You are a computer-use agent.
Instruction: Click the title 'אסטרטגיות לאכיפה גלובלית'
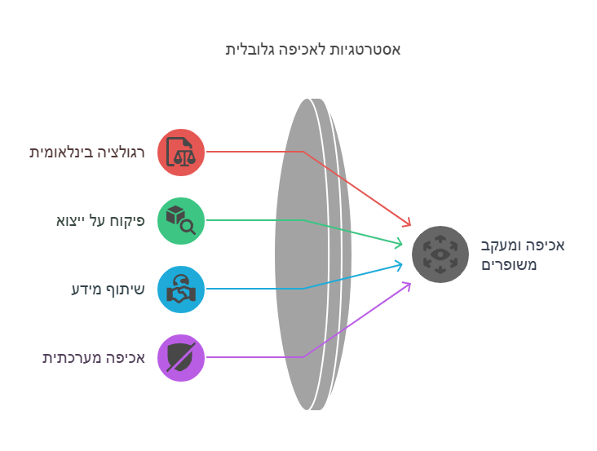312,50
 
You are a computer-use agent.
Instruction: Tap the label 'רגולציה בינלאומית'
87,153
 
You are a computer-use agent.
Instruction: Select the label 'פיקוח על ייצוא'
100,221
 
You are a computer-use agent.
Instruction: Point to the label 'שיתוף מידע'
108,290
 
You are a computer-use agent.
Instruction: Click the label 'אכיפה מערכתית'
94,358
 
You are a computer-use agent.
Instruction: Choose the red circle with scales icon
181,153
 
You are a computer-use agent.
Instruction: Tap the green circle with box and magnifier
181,221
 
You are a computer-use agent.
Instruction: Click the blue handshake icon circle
181,290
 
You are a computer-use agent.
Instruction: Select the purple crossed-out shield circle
181,358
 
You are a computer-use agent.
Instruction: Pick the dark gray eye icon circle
440,254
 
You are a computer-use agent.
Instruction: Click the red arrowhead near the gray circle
408,223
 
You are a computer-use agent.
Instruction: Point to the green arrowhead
399,243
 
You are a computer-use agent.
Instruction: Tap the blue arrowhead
399,265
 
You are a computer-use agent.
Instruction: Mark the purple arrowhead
408,285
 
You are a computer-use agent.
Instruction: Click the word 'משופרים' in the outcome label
509,265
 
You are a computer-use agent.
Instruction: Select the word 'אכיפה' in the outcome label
546,245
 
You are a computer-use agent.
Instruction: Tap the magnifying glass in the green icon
188,228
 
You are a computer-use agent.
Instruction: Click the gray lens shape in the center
313,254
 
